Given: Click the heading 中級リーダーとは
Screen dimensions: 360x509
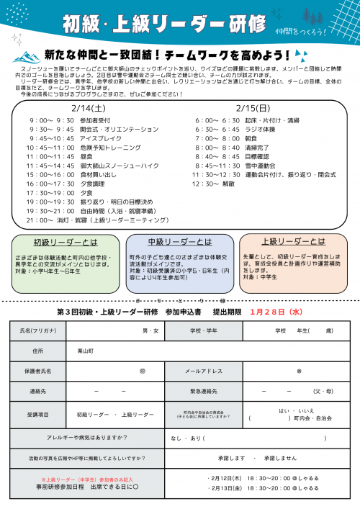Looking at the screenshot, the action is (179, 241).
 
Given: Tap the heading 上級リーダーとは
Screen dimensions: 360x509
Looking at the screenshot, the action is (293, 241).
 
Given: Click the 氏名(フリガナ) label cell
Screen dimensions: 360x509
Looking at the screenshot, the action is (37, 330).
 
